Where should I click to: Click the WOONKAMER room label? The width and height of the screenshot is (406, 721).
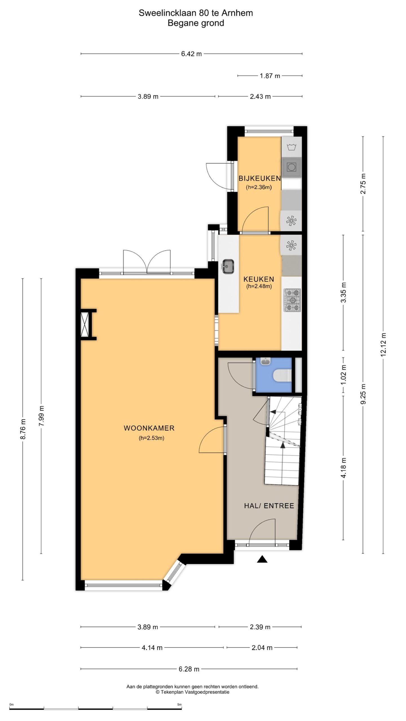[x=149, y=428]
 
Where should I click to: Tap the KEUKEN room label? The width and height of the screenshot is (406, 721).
[x=259, y=279]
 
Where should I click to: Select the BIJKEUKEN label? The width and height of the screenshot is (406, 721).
[x=260, y=178]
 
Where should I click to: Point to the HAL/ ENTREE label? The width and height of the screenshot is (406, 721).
[x=269, y=506]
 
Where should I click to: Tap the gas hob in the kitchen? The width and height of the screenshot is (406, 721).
[x=293, y=301]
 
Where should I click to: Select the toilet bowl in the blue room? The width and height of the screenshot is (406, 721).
[x=282, y=375]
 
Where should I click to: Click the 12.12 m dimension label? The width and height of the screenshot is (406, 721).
[x=383, y=345]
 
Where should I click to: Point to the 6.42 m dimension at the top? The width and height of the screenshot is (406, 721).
[x=191, y=54]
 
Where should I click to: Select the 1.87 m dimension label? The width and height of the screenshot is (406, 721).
[x=270, y=76]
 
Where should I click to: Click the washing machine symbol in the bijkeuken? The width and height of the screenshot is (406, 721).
[x=291, y=147]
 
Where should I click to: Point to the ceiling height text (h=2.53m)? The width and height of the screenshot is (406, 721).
[x=151, y=438]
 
